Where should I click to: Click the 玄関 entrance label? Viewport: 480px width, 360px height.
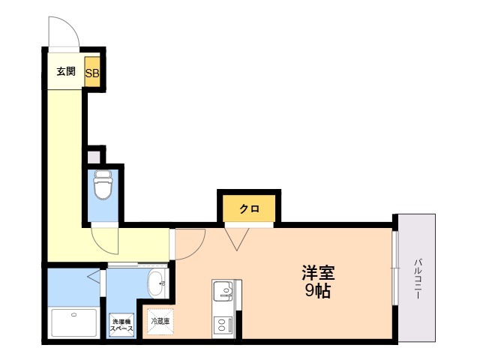[66, 72]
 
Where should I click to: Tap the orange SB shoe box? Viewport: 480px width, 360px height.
[92, 71]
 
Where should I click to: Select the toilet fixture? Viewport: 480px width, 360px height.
[103, 184]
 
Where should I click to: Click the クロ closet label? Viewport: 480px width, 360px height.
[249, 208]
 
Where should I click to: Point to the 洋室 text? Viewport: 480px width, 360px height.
[318, 272]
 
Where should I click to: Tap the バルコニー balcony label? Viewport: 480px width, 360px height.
[418, 279]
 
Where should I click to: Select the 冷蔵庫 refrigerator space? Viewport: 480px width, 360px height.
[160, 322]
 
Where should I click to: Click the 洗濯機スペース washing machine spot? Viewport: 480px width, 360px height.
[121, 325]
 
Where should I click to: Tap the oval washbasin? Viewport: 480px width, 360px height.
[156, 283]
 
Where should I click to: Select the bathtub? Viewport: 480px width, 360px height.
[73, 323]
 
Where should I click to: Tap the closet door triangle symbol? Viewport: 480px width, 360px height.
[237, 239]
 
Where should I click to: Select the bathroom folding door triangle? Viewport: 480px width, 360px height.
[94, 277]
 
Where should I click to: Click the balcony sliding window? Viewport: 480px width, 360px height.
[395, 268]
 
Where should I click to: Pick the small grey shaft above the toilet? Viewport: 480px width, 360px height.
[94, 157]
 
